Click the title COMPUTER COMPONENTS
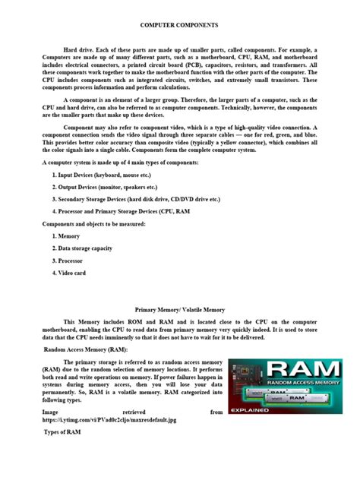pos(179,26)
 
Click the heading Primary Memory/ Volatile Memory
pos(179,310)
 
